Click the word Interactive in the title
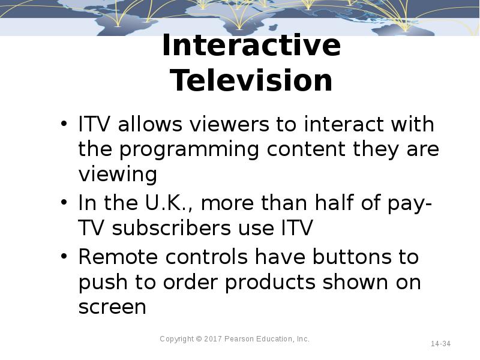(251, 47)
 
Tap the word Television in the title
(251, 81)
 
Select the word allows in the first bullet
(151, 125)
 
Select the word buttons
(346, 257)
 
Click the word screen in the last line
(112, 307)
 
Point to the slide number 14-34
(440, 344)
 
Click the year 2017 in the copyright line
(213, 339)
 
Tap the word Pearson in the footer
(239, 339)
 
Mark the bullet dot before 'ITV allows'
(64, 125)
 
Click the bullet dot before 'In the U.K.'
(64, 203)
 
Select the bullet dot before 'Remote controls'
(64, 257)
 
